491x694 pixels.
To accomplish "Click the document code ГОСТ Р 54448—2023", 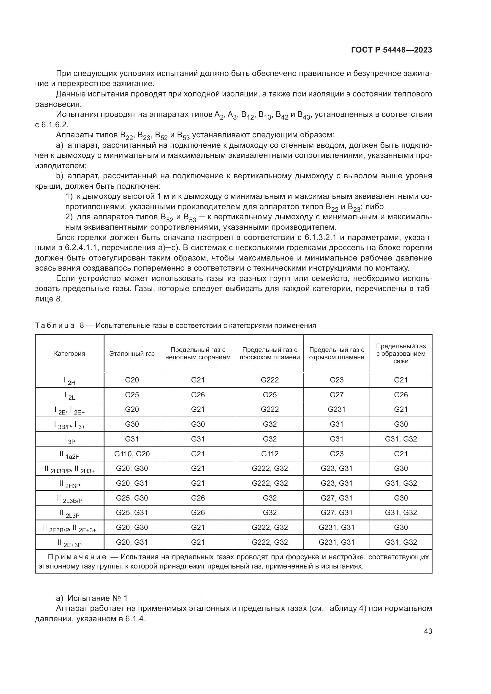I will pyautogui.click(x=392, y=50).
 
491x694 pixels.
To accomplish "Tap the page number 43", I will pyautogui.click(x=428, y=631).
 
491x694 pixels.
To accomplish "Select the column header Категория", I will pyautogui.click(x=69, y=354).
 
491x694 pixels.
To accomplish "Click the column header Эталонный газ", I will pyautogui.click(x=132, y=354).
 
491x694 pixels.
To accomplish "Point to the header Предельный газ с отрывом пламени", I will pyautogui.click(x=337, y=354).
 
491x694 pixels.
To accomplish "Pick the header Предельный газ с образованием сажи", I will pyautogui.click(x=401, y=354).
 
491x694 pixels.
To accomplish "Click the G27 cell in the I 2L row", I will pyautogui.click(x=337, y=395).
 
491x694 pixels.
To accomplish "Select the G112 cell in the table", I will pyautogui.click(x=270, y=454).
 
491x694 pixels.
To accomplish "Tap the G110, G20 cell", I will pyautogui.click(x=132, y=454).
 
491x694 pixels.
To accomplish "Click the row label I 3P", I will pyautogui.click(x=69, y=439).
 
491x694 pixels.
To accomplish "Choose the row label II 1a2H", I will pyautogui.click(x=69, y=454).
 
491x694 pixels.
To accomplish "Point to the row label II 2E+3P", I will pyautogui.click(x=69, y=543).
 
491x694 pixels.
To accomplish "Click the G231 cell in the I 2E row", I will pyautogui.click(x=337, y=409).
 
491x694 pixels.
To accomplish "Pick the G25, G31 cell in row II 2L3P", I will pyautogui.click(x=132, y=513).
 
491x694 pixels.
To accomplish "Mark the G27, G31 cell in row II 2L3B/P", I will pyautogui.click(x=337, y=498).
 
